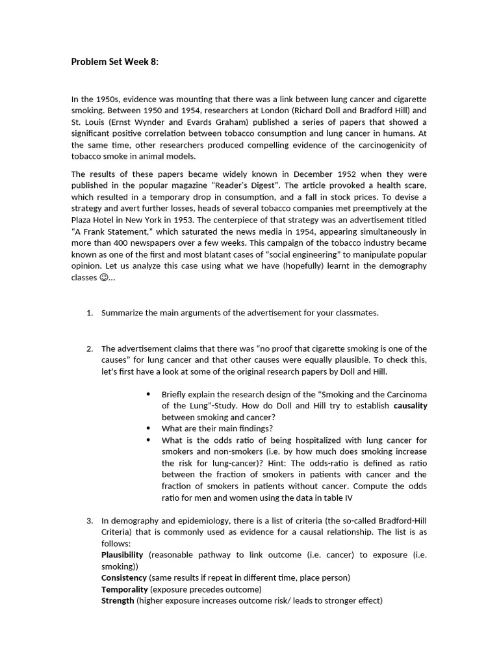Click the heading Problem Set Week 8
[114, 62]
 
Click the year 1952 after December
[349, 174]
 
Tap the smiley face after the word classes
[105, 278]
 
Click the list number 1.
[90, 313]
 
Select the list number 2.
[90, 349]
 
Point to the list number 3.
[90, 520]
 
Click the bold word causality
[411, 406]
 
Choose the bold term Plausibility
[122, 555]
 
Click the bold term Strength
[118, 601]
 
